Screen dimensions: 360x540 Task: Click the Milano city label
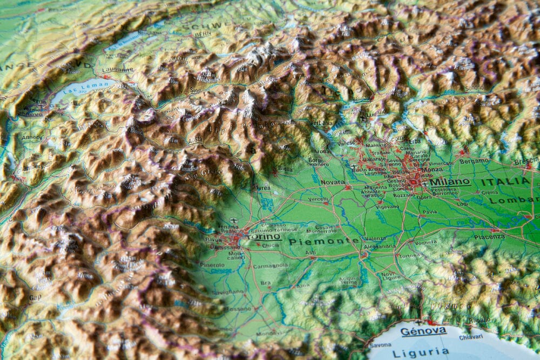pyautogui.click(x=450, y=182)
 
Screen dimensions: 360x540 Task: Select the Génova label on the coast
pyautogui.click(x=423, y=330)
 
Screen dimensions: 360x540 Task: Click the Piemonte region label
pyautogui.click(x=323, y=241)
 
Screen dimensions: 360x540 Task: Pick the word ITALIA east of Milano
pyautogui.click(x=505, y=181)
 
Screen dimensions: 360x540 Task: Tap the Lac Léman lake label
pyautogui.click(x=81, y=87)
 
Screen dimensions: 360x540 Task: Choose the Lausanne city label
pyautogui.click(x=117, y=70)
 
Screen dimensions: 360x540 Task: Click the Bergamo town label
pyautogui.click(x=474, y=161)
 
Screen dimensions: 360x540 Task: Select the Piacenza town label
pyautogui.click(x=489, y=236)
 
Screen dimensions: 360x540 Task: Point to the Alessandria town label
pyautogui.click(x=380, y=246)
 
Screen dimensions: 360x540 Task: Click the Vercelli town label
pyautogui.click(x=318, y=199)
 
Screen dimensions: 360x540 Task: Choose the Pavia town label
pyautogui.click(x=429, y=212)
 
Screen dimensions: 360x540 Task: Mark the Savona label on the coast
pyautogui.click(x=381, y=345)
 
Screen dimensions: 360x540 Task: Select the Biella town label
pyautogui.click(x=285, y=168)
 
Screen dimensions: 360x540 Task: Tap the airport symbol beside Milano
pyautogui.click(x=426, y=184)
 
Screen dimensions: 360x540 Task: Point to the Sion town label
pyautogui.click(x=196, y=90)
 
